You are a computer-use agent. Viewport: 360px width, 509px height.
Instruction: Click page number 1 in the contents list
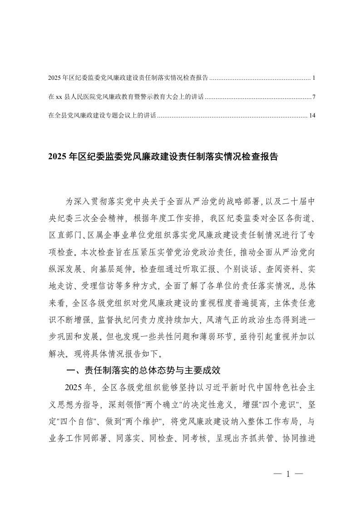pos(314,78)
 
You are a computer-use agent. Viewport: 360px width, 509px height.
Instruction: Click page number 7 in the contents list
pos(314,97)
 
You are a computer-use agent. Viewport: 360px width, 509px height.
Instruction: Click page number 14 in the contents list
pos(312,116)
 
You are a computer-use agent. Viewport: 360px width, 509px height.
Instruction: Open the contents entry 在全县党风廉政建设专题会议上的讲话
pos(102,116)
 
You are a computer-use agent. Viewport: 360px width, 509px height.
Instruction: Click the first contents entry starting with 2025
pos(128,78)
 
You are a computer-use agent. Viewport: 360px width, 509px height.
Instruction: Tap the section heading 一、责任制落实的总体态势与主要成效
pos(143,370)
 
